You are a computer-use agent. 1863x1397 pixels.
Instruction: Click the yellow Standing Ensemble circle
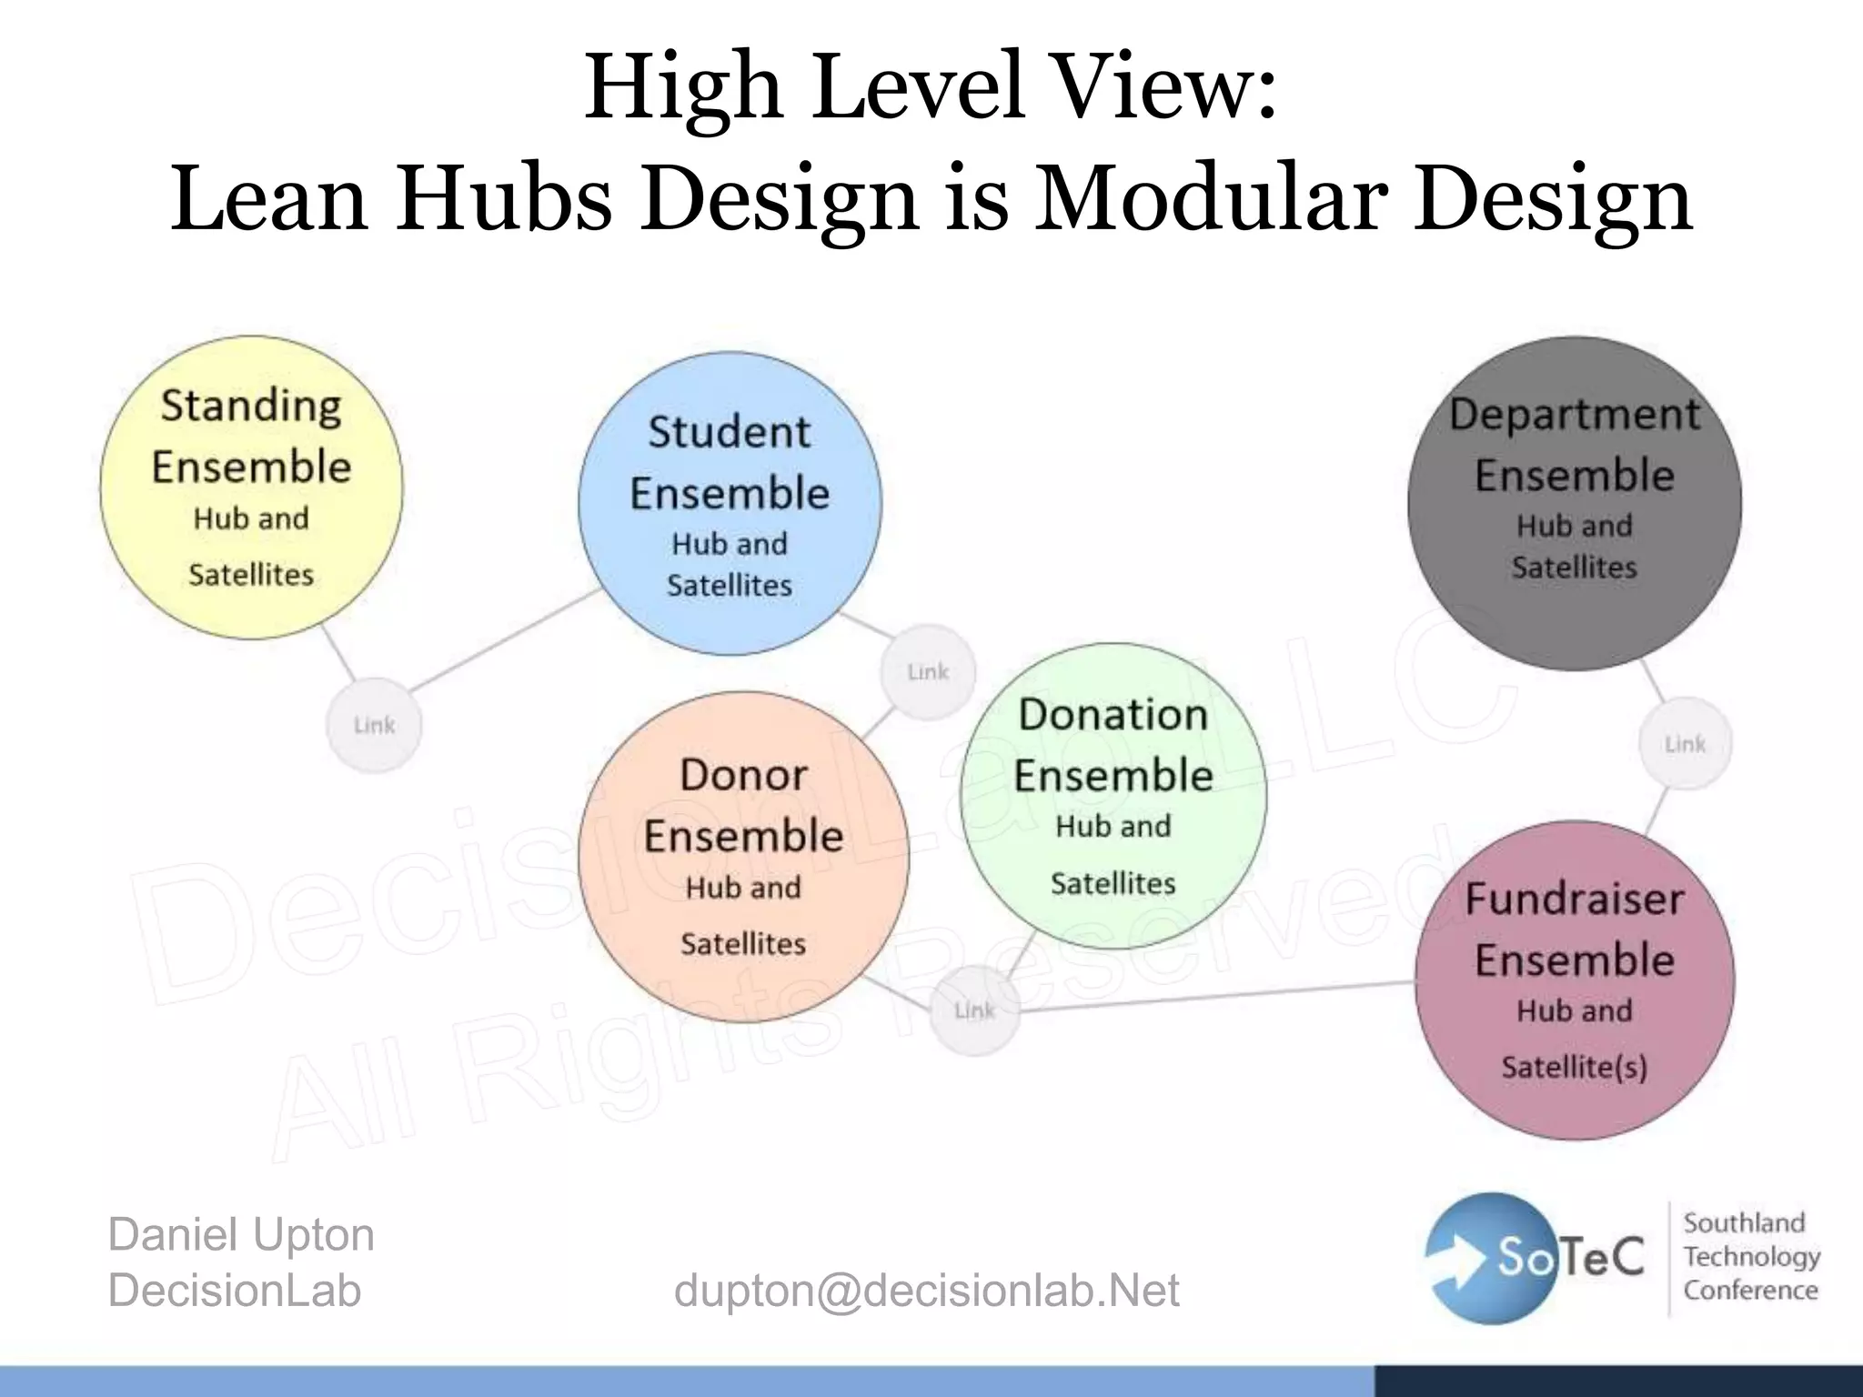[x=251, y=487]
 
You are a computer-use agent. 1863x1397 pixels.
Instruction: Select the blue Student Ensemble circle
[x=730, y=503]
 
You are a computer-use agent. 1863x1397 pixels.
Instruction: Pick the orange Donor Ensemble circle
[x=743, y=857]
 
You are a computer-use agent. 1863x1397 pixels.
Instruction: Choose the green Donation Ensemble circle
[x=1113, y=795]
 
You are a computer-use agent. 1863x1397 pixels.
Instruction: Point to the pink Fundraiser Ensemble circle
[x=1575, y=980]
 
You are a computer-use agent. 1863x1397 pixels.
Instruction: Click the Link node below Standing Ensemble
[x=374, y=725]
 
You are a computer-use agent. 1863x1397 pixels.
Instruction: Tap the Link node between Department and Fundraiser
[x=1685, y=743]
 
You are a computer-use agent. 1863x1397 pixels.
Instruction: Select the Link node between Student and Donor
[x=928, y=672]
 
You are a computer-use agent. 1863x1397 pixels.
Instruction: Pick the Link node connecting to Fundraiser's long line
[x=974, y=1010]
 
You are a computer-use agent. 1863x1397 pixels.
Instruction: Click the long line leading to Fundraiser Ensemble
[x=1219, y=996]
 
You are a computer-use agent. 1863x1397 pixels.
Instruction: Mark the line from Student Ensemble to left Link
[x=505, y=638]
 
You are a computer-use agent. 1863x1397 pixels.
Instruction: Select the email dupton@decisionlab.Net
[x=926, y=1290]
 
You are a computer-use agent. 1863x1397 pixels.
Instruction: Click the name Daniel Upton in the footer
[x=241, y=1235]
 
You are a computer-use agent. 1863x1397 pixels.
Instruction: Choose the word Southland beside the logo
[x=1743, y=1222]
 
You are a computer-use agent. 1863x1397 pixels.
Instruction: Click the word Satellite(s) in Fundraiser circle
[x=1575, y=1066]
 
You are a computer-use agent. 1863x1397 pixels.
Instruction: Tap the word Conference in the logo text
[x=1750, y=1290]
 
